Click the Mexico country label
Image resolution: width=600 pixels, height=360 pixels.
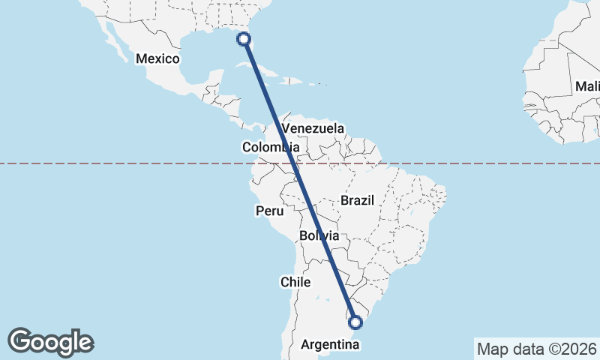(157, 58)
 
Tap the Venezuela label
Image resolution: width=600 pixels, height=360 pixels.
(313, 128)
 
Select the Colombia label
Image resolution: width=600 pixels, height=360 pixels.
(266, 147)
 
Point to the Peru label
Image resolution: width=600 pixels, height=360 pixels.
(270, 211)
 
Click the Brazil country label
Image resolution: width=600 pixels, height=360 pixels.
(357, 200)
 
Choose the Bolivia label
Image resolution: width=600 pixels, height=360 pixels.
(319, 235)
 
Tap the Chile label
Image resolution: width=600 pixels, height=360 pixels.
(295, 282)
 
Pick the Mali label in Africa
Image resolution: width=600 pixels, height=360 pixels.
(586, 86)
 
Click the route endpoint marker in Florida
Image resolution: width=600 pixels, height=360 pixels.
(244, 38)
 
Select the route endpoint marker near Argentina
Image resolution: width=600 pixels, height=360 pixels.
(356, 322)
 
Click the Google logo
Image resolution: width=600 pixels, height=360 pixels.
(50, 342)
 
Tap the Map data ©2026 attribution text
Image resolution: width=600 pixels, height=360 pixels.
(535, 349)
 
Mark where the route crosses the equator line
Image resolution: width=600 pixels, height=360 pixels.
(295, 163)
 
